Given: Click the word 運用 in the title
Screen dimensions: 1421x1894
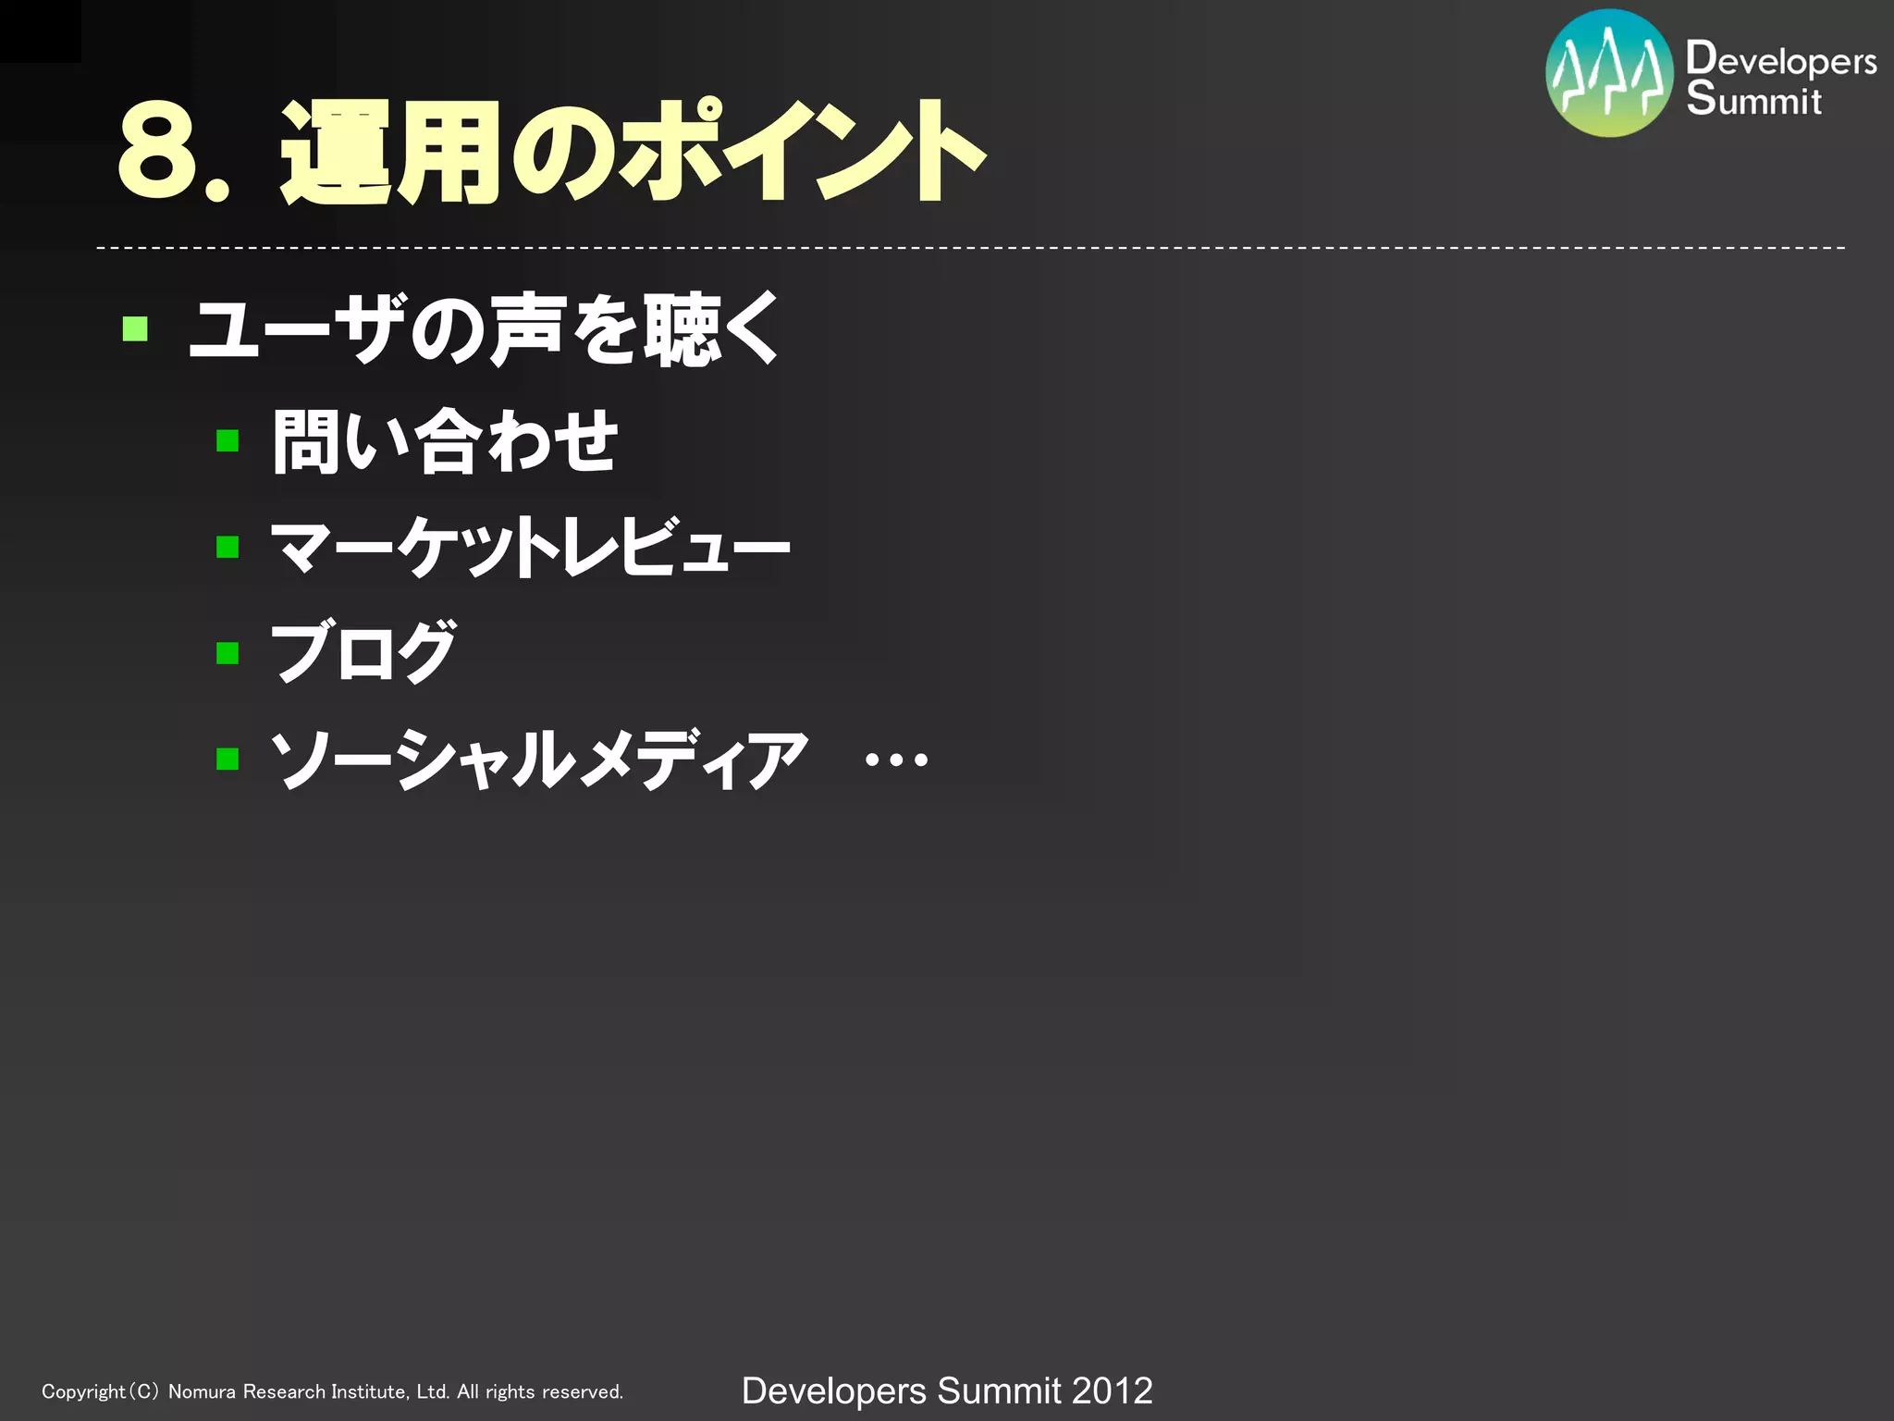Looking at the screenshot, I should [x=388, y=153].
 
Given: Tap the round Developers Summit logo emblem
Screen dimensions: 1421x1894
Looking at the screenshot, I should [x=1609, y=74].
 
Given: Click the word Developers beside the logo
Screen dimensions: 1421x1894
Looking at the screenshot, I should [x=1781, y=59].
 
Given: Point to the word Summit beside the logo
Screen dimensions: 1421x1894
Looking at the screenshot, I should [x=1753, y=100].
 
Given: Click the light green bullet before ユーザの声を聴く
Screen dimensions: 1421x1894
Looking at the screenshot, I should [x=135, y=328].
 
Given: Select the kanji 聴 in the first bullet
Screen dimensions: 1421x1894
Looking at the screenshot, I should [x=682, y=330].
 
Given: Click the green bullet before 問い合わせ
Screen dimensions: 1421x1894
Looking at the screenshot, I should [x=228, y=440].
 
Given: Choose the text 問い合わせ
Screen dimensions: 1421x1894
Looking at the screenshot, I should [x=445, y=441].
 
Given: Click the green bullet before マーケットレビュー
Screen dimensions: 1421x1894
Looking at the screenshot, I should [x=228, y=547].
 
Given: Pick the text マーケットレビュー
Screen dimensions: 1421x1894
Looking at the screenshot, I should [x=530, y=547].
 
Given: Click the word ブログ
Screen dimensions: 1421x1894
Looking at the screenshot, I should [x=363, y=652].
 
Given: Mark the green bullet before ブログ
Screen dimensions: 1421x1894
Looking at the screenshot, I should [x=228, y=653].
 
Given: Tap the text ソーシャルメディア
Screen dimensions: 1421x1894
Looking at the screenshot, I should [x=539, y=759].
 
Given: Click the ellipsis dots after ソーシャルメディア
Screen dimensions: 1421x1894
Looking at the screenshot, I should [x=895, y=760].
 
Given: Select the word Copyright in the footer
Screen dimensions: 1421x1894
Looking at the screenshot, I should [x=83, y=1391].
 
